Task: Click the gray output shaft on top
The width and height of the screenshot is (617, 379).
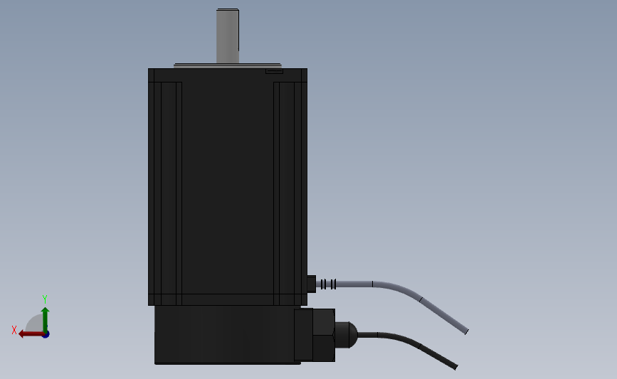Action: [x=228, y=36]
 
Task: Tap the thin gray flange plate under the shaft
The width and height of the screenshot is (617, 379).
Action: [x=228, y=65]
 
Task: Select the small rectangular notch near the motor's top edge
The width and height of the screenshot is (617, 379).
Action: [x=274, y=71]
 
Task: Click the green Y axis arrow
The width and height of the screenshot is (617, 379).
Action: [x=46, y=320]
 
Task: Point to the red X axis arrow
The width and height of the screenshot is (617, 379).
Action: [x=31, y=334]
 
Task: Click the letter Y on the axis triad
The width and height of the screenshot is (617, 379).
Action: [x=44, y=299]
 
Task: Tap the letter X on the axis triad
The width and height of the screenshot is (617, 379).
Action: [x=14, y=330]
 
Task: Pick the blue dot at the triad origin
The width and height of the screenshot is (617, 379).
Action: [x=46, y=334]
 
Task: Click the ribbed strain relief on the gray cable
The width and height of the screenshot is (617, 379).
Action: [x=328, y=284]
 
